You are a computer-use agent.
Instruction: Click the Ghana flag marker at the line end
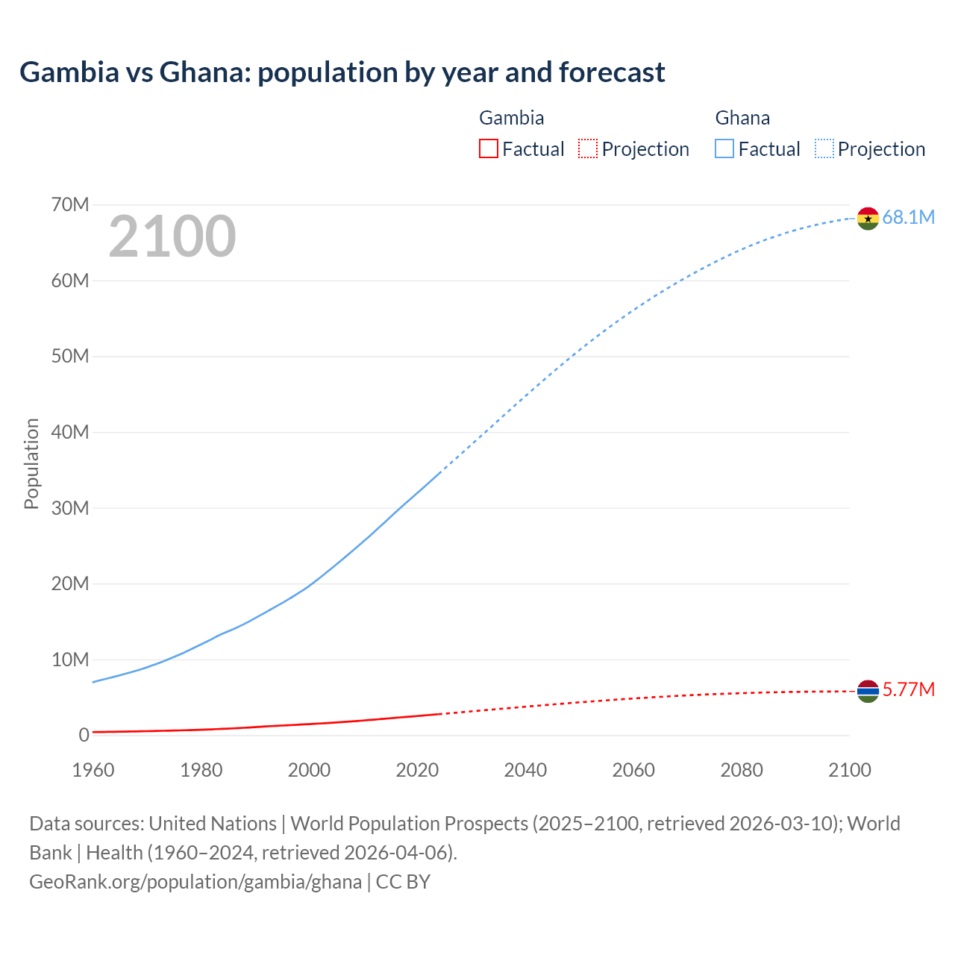(868, 219)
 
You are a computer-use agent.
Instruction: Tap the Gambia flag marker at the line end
(868, 692)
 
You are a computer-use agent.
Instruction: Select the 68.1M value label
(908, 217)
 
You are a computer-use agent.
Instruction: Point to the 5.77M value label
(908, 689)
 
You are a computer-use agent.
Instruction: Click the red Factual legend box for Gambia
(489, 148)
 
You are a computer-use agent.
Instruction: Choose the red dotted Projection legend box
(588, 148)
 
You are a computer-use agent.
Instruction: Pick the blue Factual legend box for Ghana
(724, 148)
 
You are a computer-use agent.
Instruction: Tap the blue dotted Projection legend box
(824, 148)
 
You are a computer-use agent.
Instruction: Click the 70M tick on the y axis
(70, 204)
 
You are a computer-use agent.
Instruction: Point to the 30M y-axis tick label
(70, 508)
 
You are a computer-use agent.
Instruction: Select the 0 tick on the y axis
(84, 735)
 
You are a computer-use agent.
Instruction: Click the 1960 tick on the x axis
(93, 770)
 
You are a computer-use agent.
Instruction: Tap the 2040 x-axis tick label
(525, 770)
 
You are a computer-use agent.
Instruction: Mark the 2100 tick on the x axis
(849, 770)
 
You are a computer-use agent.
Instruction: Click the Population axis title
(31, 463)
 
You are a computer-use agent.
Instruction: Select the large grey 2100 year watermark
(172, 237)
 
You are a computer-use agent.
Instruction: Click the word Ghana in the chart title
(204, 72)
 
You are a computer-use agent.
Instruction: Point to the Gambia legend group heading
(511, 118)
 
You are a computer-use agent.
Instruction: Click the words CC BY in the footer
(404, 881)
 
